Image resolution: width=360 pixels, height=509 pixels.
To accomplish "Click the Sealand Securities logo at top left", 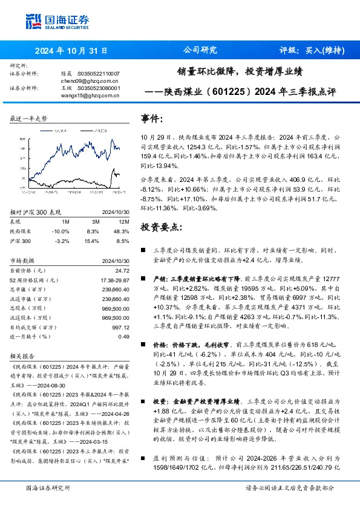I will pos(56,22).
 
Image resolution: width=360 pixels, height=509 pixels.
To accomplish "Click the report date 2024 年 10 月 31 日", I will pos(71,51).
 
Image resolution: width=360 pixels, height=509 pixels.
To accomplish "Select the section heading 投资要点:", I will pos(160,227).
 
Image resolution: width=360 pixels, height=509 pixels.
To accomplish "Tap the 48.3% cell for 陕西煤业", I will pos(122,232).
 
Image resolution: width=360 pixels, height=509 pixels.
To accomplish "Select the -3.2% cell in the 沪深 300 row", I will pos(62,241).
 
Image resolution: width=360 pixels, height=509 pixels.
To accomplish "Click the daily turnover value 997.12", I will pos(121,327).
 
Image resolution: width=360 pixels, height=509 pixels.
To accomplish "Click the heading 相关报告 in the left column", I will pos(24,357).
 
